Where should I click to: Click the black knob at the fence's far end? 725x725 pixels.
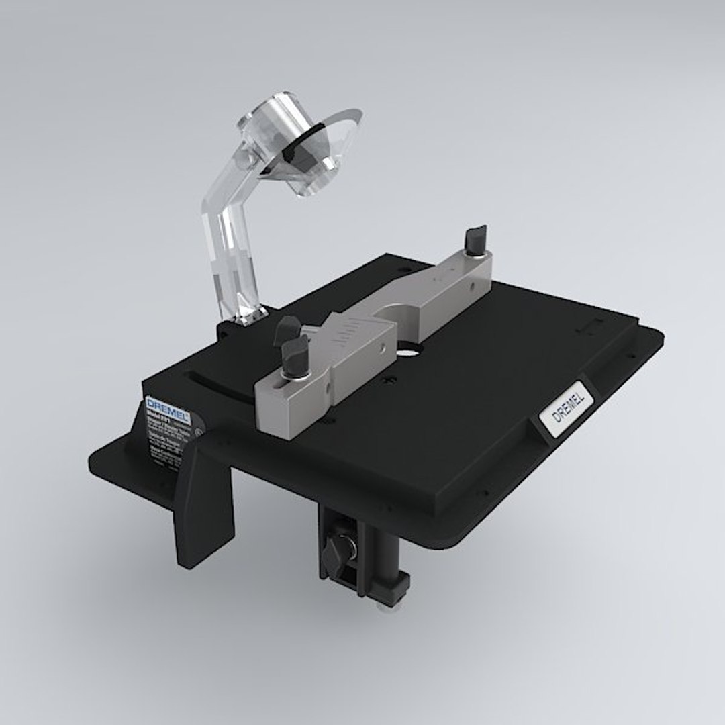point(476,238)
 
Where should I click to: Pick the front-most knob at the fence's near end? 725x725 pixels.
point(295,356)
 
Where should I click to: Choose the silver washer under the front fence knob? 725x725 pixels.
point(295,381)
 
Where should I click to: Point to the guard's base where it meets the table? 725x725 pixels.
point(245,316)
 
